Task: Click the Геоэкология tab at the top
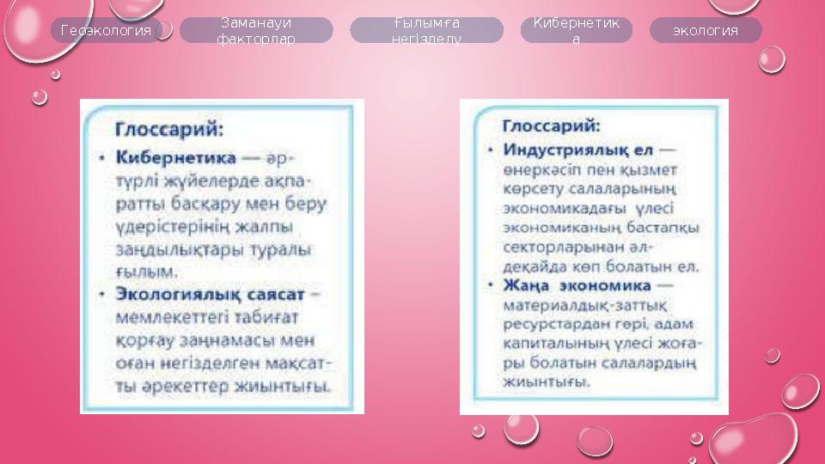tap(107, 31)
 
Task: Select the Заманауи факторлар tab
tap(256, 31)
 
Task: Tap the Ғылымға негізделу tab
tap(426, 31)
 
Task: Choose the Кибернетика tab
tap(576, 31)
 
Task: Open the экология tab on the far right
tap(705, 31)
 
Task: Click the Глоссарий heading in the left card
tap(170, 129)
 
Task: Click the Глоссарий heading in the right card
tap(552, 125)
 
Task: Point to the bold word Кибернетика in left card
tap(175, 159)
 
